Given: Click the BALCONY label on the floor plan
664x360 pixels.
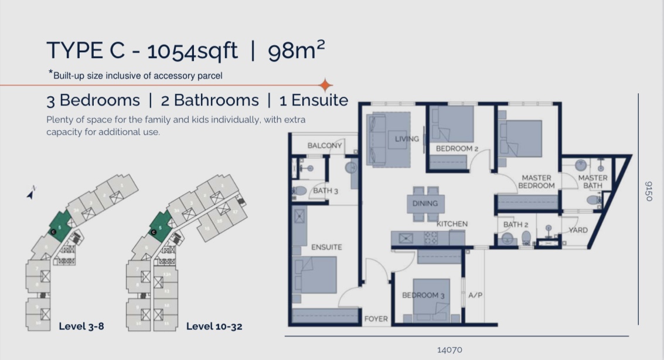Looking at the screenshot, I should coord(325,145).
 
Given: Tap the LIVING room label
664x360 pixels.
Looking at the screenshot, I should coord(407,139).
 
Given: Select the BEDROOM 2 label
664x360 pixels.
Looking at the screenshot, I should coord(457,149).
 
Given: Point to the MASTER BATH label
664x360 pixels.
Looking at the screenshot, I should coord(593,182).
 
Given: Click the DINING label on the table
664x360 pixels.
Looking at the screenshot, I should coord(425,203).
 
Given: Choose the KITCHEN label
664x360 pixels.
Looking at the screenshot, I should coord(452,224).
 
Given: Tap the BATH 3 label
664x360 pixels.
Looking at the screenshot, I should coord(326,191).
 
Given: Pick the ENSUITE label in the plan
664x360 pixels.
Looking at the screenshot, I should coord(326,247).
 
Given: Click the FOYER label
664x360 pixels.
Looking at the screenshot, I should coord(376,319).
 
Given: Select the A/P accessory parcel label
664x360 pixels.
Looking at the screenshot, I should coord(475,295).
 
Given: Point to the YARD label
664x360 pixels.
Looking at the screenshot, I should coord(578,230).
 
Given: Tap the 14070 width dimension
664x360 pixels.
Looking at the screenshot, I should coord(450,350).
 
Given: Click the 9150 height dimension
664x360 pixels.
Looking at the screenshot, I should coord(648,191).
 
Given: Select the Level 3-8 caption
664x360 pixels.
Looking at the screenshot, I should coord(81,326).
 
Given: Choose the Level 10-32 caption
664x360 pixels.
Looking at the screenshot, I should coord(214,326).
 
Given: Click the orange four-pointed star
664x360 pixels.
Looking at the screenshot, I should coord(326,85).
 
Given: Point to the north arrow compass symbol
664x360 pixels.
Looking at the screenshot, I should coord(30,193).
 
